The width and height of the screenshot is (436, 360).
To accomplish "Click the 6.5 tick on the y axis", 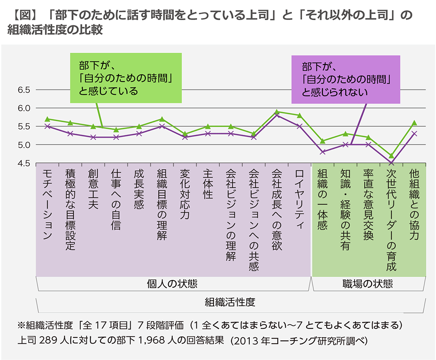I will [24, 90].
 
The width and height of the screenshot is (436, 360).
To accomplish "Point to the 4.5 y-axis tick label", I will [24, 163].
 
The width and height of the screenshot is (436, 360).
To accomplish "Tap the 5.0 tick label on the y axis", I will [24, 145].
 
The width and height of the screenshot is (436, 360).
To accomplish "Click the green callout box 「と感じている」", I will [126, 78].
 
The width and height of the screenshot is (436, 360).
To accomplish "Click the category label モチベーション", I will [47, 204].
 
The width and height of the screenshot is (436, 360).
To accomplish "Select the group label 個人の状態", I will [174, 284].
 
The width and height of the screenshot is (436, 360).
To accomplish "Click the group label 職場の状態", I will [368, 284].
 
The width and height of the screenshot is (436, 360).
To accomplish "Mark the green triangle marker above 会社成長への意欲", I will [277, 112].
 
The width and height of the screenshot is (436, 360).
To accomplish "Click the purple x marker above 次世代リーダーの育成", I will [391, 163].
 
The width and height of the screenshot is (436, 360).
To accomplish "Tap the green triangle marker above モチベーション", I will [47, 119].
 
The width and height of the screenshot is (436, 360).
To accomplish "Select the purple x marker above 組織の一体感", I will [323, 152].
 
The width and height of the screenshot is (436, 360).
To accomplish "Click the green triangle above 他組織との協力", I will [414, 123].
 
